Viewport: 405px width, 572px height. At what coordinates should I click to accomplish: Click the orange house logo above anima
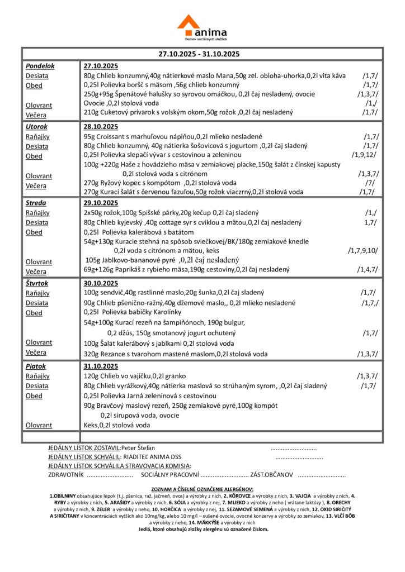[x=188, y=23]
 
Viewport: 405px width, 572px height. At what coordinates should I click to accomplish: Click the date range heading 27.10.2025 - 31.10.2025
[x=199, y=54]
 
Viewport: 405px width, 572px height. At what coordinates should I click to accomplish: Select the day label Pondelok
[x=40, y=66]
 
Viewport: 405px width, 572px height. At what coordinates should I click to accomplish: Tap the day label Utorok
[x=36, y=127]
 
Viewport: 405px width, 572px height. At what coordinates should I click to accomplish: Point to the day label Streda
[x=36, y=203]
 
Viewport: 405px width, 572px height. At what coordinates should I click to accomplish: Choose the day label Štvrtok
[x=37, y=283]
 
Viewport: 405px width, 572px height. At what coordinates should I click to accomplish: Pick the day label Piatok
[x=35, y=366]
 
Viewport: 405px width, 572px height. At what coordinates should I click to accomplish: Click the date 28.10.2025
[x=101, y=127]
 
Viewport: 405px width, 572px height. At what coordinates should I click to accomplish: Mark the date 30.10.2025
[x=101, y=283]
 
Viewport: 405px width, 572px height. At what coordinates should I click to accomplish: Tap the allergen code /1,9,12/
[x=364, y=155]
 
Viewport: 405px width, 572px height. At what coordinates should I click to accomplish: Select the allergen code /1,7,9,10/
[x=362, y=250]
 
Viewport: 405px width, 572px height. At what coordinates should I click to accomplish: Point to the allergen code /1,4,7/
[x=367, y=269]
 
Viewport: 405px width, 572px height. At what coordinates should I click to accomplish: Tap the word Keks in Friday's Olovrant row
[x=90, y=425]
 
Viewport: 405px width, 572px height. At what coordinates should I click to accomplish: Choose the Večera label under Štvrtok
[x=36, y=352]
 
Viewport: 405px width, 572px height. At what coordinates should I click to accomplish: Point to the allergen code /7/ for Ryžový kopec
[x=369, y=183]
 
